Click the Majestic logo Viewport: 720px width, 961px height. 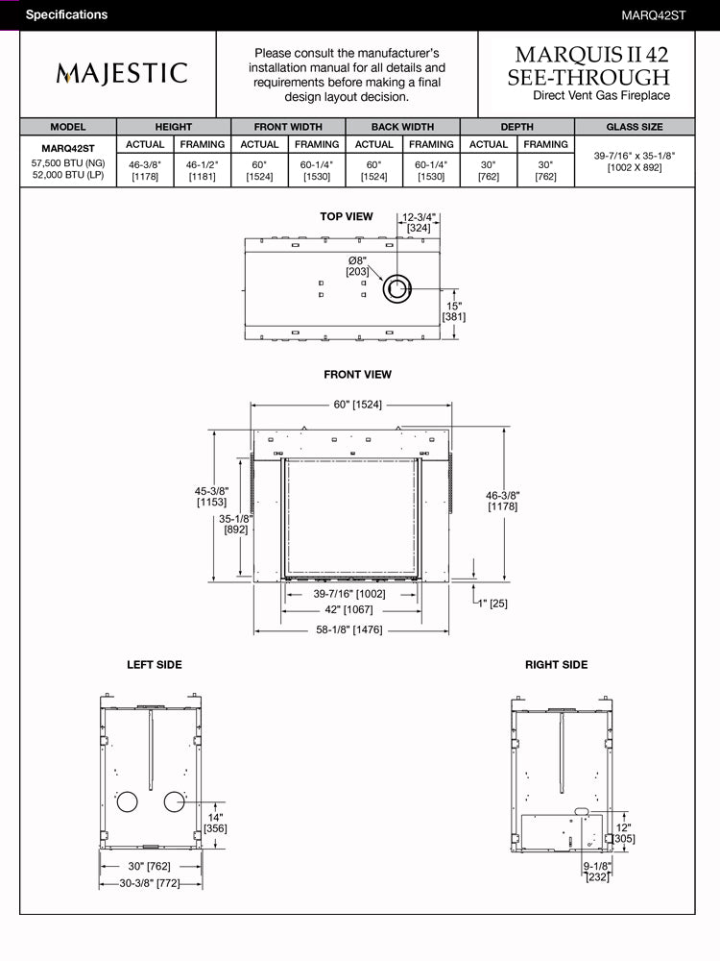[122, 73]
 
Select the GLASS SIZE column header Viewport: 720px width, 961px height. [635, 127]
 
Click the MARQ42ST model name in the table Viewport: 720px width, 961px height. [68, 148]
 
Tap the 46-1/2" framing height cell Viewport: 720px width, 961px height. [202, 170]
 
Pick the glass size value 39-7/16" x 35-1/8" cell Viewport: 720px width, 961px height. [635, 161]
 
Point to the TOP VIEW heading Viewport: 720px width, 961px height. [346, 216]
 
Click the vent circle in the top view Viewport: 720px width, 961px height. [397, 288]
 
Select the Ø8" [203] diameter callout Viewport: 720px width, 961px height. [357, 266]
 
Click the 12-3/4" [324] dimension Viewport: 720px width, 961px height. [419, 223]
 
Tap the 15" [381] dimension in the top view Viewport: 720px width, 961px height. [454, 311]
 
